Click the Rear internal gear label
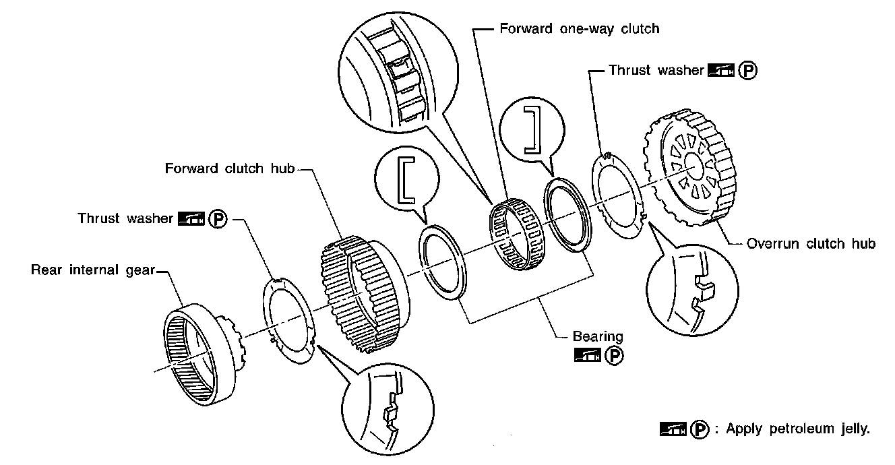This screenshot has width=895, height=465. (x=93, y=270)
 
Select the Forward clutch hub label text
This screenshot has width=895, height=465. (x=229, y=168)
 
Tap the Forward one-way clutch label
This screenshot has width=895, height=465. (x=579, y=29)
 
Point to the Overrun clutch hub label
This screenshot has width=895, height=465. (x=811, y=243)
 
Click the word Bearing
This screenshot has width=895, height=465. (x=598, y=336)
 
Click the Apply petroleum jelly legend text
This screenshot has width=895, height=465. (x=798, y=429)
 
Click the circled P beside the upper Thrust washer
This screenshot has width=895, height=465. (x=747, y=71)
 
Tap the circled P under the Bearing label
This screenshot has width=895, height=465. (x=615, y=354)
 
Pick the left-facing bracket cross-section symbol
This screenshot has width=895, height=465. (x=408, y=179)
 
